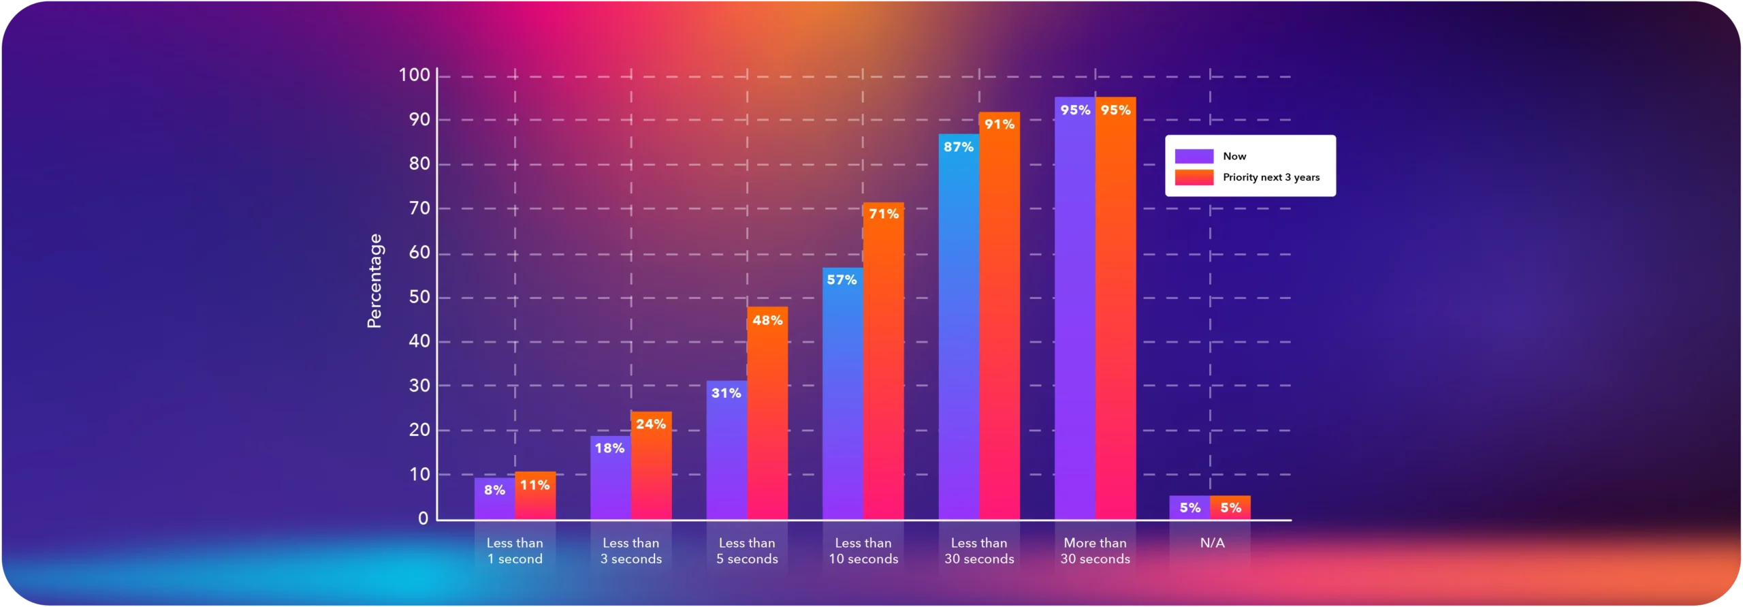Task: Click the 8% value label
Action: pyautogui.click(x=494, y=490)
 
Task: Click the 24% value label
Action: pyautogui.click(x=651, y=424)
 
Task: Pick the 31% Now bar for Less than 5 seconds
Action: pyautogui.click(x=726, y=456)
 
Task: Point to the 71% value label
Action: pyautogui.click(x=884, y=214)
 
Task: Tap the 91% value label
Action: pyautogui.click(x=1000, y=124)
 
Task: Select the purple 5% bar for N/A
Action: pyautogui.click(x=1189, y=508)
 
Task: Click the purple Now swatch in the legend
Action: pyautogui.click(x=1194, y=156)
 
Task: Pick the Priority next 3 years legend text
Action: pyautogui.click(x=1270, y=177)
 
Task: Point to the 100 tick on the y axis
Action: pyautogui.click(x=414, y=75)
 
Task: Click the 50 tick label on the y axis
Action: pyautogui.click(x=419, y=297)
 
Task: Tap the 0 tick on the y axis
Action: pyautogui.click(x=423, y=518)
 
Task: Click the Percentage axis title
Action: pyautogui.click(x=374, y=281)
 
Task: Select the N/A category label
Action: pyautogui.click(x=1212, y=543)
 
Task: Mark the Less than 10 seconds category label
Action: pyautogui.click(x=863, y=550)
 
